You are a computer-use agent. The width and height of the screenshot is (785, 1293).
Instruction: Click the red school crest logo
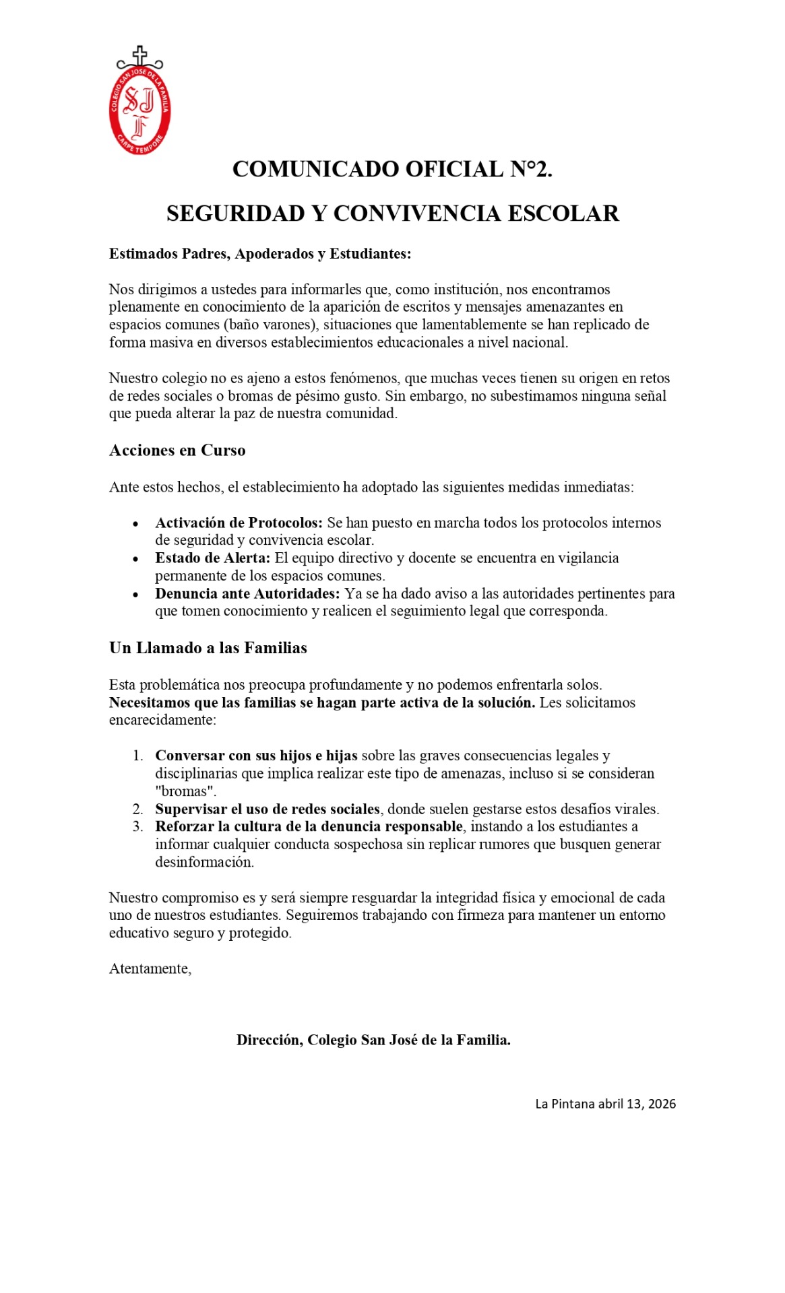(x=139, y=108)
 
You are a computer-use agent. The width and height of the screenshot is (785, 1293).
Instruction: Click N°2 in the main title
(x=530, y=169)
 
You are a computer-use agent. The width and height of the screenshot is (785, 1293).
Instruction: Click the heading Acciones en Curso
(x=177, y=451)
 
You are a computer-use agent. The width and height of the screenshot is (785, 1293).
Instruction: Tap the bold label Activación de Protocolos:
(x=239, y=523)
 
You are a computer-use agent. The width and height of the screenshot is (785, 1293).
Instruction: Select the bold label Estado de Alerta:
(x=212, y=558)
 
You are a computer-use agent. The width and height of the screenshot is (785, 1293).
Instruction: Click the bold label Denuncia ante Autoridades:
(x=247, y=593)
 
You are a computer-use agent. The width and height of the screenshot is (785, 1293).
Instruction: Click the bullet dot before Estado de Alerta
(x=136, y=559)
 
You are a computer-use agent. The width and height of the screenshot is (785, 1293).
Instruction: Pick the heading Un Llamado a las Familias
(x=208, y=648)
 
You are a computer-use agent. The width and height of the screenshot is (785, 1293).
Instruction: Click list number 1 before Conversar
(x=137, y=756)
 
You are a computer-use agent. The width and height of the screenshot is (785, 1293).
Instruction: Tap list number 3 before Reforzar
(x=137, y=826)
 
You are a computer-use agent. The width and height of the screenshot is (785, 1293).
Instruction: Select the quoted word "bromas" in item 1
(x=185, y=791)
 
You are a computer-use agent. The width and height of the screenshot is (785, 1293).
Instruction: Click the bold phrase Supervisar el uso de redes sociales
(x=268, y=809)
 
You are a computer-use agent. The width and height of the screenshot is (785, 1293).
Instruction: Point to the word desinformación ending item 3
(x=204, y=862)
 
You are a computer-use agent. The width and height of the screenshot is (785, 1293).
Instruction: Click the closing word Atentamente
(x=150, y=968)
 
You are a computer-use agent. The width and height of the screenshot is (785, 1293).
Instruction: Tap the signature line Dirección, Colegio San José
(x=373, y=1040)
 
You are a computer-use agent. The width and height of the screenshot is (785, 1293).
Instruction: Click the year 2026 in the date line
(x=662, y=1104)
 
